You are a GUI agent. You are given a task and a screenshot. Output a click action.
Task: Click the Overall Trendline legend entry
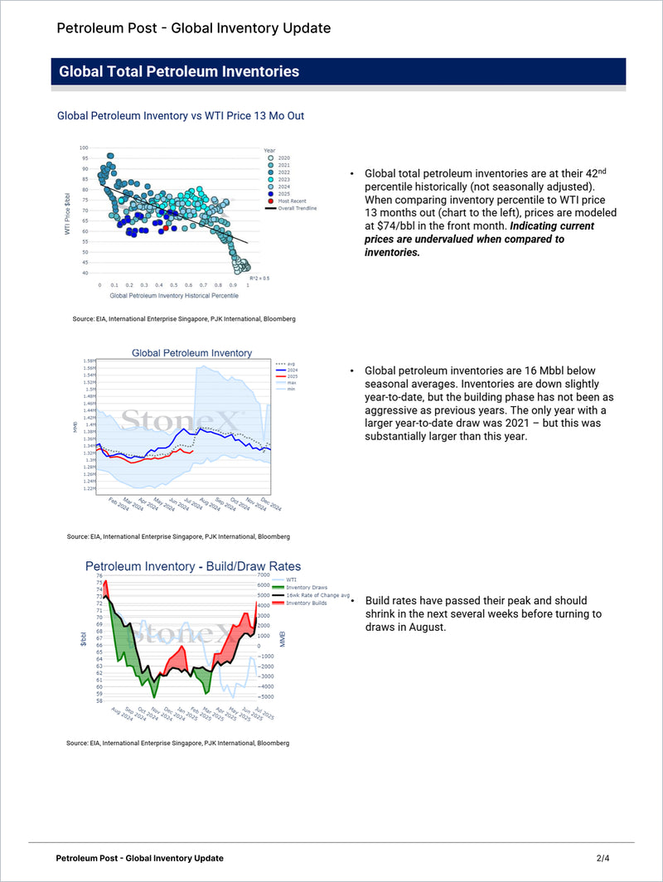coord(297,209)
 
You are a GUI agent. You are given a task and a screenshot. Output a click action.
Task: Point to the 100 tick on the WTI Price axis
coord(84,148)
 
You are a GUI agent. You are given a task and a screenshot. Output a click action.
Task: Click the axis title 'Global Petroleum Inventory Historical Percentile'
coord(174,295)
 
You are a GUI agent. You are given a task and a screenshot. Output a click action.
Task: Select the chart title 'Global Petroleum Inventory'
coord(191,353)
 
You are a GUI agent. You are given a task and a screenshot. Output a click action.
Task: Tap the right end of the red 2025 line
coord(193,453)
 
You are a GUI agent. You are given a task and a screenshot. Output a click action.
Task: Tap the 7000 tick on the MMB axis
coord(264,575)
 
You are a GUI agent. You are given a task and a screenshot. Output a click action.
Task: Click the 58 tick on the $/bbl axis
coord(99,700)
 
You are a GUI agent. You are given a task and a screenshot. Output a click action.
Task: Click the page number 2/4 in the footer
coord(603,858)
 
